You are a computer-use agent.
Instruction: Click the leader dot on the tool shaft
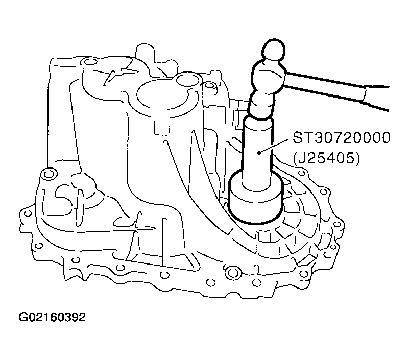260,152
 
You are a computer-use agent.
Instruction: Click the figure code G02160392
52,318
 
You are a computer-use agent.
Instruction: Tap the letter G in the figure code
23,318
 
